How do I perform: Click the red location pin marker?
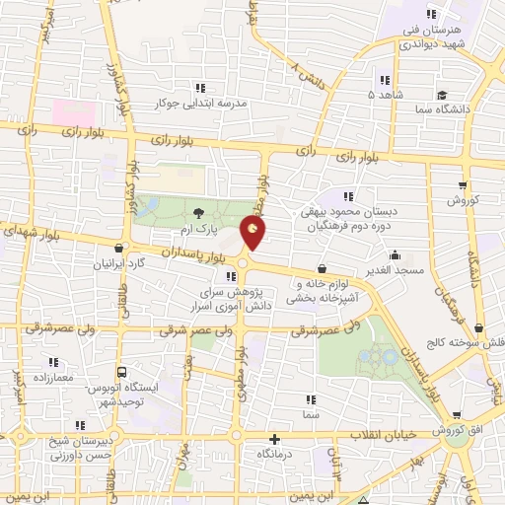coord(253,233)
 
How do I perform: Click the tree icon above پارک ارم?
coord(199,212)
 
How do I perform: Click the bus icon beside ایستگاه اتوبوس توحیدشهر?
coord(121,372)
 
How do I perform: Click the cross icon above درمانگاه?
coord(274,439)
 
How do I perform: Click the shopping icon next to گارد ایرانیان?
coord(119,249)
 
